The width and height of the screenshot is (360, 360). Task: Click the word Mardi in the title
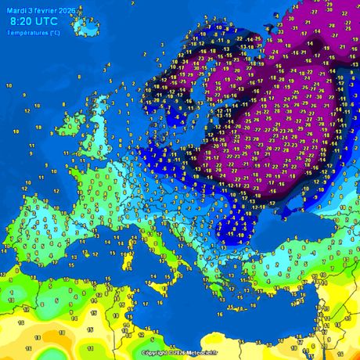(16, 9)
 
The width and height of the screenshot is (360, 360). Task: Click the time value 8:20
(25, 21)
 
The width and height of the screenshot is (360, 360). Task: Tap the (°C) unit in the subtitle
(54, 32)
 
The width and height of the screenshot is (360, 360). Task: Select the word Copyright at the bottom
(156, 353)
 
